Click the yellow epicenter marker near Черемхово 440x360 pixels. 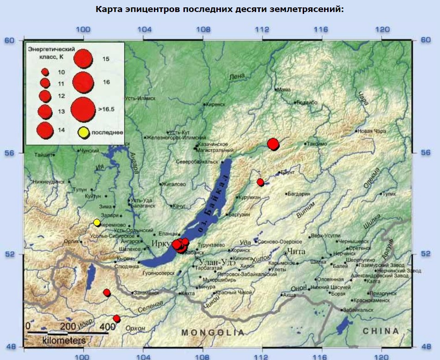click(x=97, y=222)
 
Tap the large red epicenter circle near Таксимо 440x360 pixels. click(x=273, y=144)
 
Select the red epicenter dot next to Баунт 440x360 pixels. click(x=260, y=182)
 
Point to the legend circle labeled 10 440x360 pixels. click(x=45, y=72)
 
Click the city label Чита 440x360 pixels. click(x=296, y=251)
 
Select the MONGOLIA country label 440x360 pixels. click(x=213, y=332)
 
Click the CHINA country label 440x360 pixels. click(x=381, y=331)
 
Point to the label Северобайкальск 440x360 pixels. click(x=197, y=162)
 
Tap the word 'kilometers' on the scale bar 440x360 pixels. click(x=64, y=341)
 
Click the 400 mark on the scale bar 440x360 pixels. click(x=107, y=327)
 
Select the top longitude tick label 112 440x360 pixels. click(x=262, y=30)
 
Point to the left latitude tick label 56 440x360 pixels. click(x=9, y=153)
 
